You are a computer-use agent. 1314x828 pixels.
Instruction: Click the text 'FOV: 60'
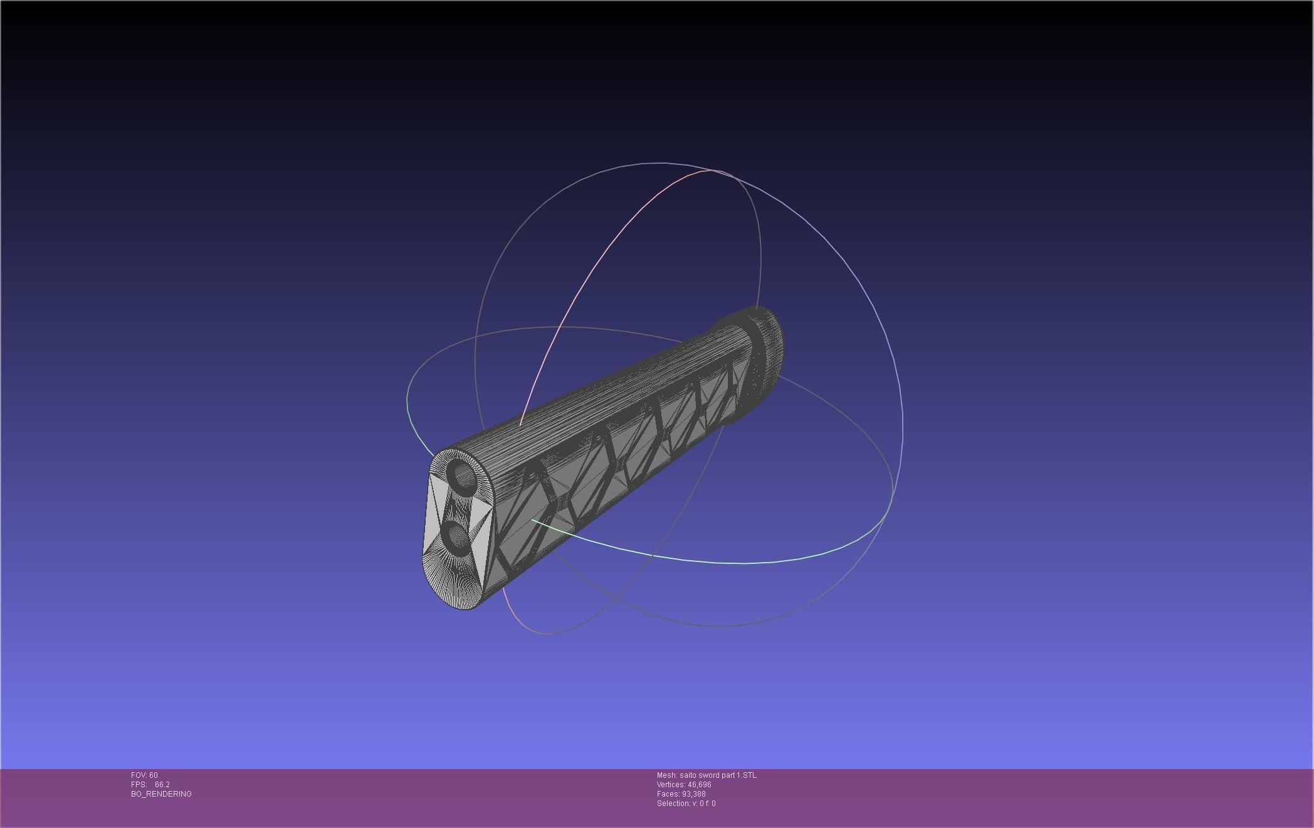coord(144,775)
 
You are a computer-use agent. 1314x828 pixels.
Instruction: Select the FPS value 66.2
coord(162,785)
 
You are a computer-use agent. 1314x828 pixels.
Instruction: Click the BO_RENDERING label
coord(161,794)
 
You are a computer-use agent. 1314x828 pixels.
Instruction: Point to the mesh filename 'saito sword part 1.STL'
coord(718,775)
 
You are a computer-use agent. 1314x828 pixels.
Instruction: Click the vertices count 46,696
coord(699,785)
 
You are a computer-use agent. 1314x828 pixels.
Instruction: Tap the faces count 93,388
coord(693,794)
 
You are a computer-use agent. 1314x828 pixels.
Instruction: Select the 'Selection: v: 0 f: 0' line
coord(686,804)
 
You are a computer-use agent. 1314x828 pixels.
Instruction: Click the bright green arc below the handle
coord(690,558)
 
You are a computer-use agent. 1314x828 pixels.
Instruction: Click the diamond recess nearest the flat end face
coord(520,527)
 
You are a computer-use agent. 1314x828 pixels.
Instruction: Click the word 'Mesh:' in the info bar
coord(666,775)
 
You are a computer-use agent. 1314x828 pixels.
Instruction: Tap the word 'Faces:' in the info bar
coord(668,794)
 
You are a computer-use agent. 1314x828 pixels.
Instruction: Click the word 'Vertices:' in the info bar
coord(671,785)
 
